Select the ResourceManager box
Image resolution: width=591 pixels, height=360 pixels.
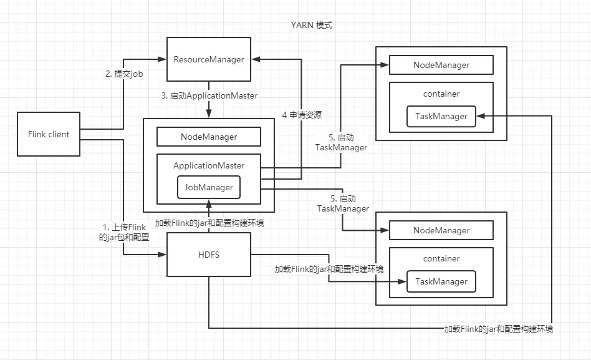(x=208, y=59)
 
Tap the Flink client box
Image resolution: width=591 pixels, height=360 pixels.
(x=49, y=134)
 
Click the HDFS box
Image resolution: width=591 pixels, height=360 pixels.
(x=208, y=254)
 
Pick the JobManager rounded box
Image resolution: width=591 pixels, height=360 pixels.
(x=209, y=187)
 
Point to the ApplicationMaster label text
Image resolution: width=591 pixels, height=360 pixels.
(x=209, y=165)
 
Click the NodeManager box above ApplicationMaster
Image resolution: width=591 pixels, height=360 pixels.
(x=209, y=136)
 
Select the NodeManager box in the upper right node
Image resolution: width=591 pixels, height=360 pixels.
(x=441, y=65)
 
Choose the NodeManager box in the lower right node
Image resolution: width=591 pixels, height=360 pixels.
(x=441, y=230)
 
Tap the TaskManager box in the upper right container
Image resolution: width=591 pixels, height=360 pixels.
(x=441, y=116)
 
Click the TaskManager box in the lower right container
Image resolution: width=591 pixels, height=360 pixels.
(x=441, y=281)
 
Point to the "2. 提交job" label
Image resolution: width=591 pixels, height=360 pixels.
(x=125, y=74)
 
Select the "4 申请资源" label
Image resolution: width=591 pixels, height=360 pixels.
(x=302, y=115)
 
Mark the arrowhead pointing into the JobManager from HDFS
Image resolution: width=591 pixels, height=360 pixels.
(x=209, y=203)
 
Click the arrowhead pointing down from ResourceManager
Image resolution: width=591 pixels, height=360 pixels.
(x=209, y=112)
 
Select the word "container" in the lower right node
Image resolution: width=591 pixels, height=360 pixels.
(x=441, y=258)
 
